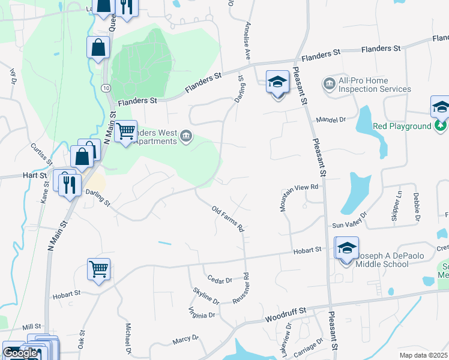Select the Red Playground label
pos(402,126)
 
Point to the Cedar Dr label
pos(219,280)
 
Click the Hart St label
pos(36,175)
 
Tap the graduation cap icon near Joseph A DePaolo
pos(347,248)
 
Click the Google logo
pos(20,353)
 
